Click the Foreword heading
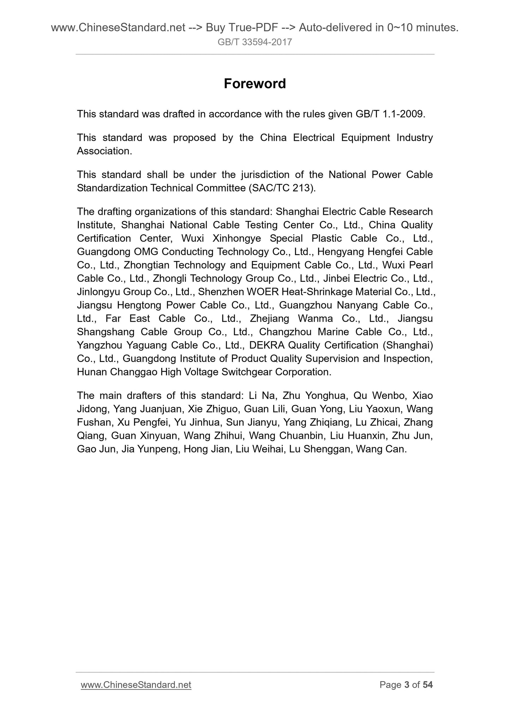click(254, 84)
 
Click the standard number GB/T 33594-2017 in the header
click(255, 42)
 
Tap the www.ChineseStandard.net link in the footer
click(136, 685)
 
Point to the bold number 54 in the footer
click(428, 685)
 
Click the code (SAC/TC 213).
click(282, 188)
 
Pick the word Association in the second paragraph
click(104, 151)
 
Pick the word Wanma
click(315, 319)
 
